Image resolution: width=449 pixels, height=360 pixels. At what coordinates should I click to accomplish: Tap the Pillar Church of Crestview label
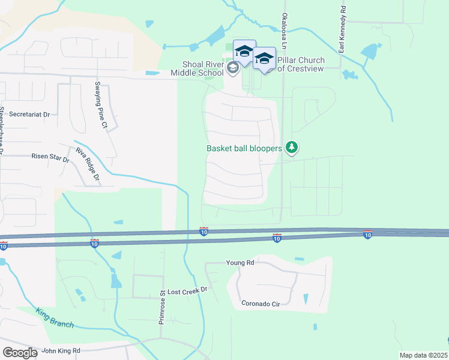tap(301, 64)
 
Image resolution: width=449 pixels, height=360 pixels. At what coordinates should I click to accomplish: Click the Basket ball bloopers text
tap(244, 148)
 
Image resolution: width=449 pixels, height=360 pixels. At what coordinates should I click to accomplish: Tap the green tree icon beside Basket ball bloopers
tap(292, 146)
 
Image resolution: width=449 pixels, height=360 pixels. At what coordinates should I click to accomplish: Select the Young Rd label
tap(240, 263)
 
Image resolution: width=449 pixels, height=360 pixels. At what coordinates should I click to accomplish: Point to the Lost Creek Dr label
tap(187, 290)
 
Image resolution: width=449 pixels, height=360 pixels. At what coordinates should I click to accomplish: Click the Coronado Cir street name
tap(261, 304)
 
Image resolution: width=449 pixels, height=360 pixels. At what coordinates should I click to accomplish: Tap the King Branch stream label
tap(55, 318)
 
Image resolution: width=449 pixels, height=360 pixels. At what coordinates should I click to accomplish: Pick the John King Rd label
tap(60, 350)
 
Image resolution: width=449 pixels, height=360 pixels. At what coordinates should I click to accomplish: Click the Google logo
tap(20, 352)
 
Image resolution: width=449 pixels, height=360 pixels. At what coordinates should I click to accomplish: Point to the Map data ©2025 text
tap(423, 355)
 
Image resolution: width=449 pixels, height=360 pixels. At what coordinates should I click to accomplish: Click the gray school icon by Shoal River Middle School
tap(233, 68)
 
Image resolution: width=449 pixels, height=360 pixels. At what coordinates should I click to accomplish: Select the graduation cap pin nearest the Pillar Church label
tap(264, 59)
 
